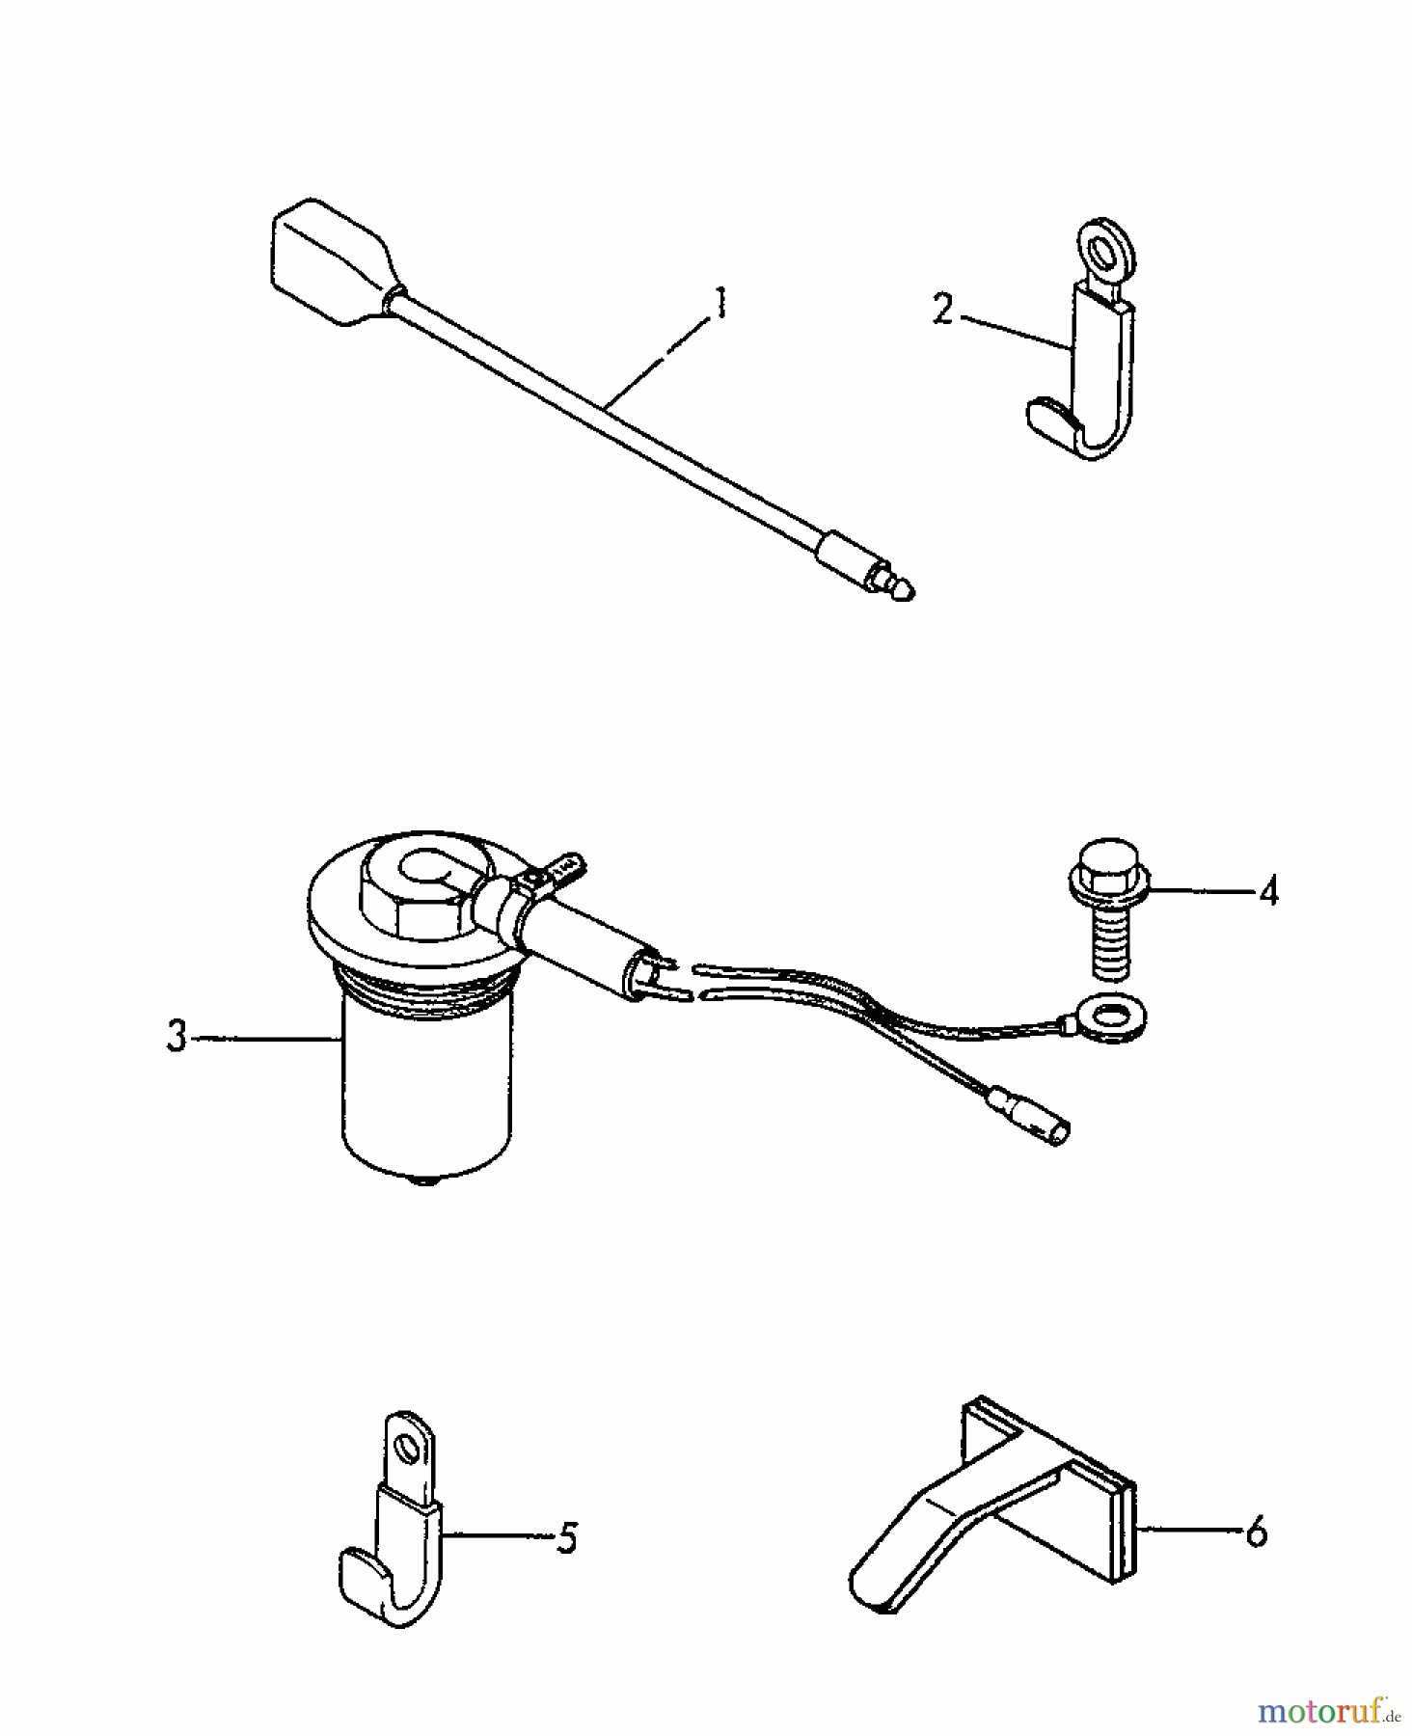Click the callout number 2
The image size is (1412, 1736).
point(942,311)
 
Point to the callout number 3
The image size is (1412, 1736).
point(176,1037)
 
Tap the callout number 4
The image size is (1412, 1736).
point(1268,890)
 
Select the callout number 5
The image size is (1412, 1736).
point(567,1537)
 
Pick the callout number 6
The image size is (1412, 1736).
point(1255,1532)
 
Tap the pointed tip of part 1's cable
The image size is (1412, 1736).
point(903,591)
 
